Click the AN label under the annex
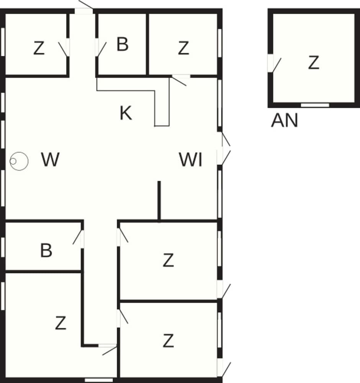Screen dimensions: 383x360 [x=284, y=121]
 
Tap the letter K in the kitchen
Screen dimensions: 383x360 [x=126, y=113]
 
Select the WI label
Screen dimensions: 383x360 [x=191, y=160]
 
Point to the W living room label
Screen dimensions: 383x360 [x=51, y=160]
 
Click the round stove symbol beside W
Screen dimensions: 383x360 [x=19, y=161]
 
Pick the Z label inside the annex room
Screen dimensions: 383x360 [x=314, y=63]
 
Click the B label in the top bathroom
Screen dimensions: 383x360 [x=122, y=45]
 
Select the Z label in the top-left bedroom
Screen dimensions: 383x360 [x=39, y=49]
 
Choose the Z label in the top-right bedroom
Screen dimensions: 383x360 [x=183, y=48]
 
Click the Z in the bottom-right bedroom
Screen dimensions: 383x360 [x=169, y=340]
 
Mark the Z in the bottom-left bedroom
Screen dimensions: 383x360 [x=61, y=323]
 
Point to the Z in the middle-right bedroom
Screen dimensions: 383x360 [x=169, y=261]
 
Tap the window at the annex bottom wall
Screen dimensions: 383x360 [x=315, y=105]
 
